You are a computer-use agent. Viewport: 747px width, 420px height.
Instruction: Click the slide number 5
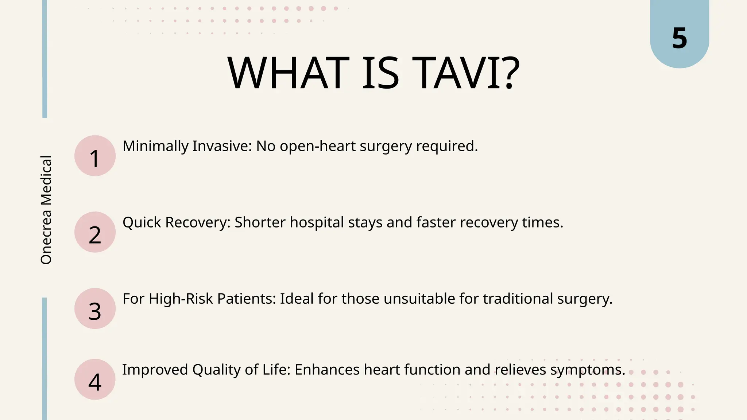[679, 38]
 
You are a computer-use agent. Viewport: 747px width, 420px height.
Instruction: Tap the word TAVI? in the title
[467, 73]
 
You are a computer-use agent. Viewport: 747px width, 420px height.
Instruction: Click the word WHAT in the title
[288, 73]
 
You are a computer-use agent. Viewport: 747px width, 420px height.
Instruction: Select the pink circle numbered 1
[95, 156]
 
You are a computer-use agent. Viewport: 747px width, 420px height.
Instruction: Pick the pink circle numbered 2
[95, 232]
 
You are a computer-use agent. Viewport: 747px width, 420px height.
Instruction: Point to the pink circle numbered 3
[95, 309]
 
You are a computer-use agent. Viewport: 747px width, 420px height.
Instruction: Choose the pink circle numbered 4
[95, 380]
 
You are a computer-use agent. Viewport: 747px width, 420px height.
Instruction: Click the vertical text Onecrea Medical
[46, 210]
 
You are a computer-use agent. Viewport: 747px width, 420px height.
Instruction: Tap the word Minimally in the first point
[156, 146]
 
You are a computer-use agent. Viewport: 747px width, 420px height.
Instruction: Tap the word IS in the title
[380, 73]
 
